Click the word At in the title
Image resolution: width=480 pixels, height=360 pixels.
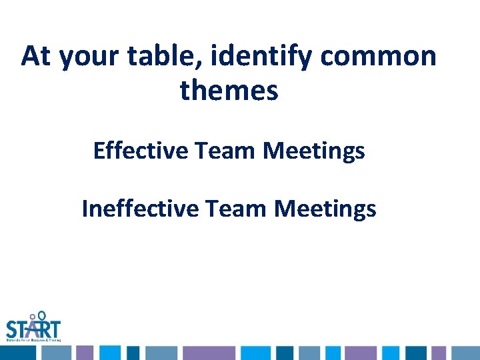point(37,57)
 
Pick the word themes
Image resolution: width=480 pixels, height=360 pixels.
point(229,91)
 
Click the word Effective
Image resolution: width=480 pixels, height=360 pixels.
point(141,151)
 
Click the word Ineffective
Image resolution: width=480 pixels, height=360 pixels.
point(140,209)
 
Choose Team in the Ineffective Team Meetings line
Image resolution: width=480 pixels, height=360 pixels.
point(237,209)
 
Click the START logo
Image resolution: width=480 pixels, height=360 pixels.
point(33,327)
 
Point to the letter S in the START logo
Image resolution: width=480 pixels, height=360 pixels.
point(13,329)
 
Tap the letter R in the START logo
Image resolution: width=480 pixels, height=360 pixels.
point(45,329)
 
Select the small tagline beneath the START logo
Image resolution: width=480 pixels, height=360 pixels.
point(33,340)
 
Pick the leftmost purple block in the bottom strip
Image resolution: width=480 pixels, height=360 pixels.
point(85,353)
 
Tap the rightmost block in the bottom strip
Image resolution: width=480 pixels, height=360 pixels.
point(467,353)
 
